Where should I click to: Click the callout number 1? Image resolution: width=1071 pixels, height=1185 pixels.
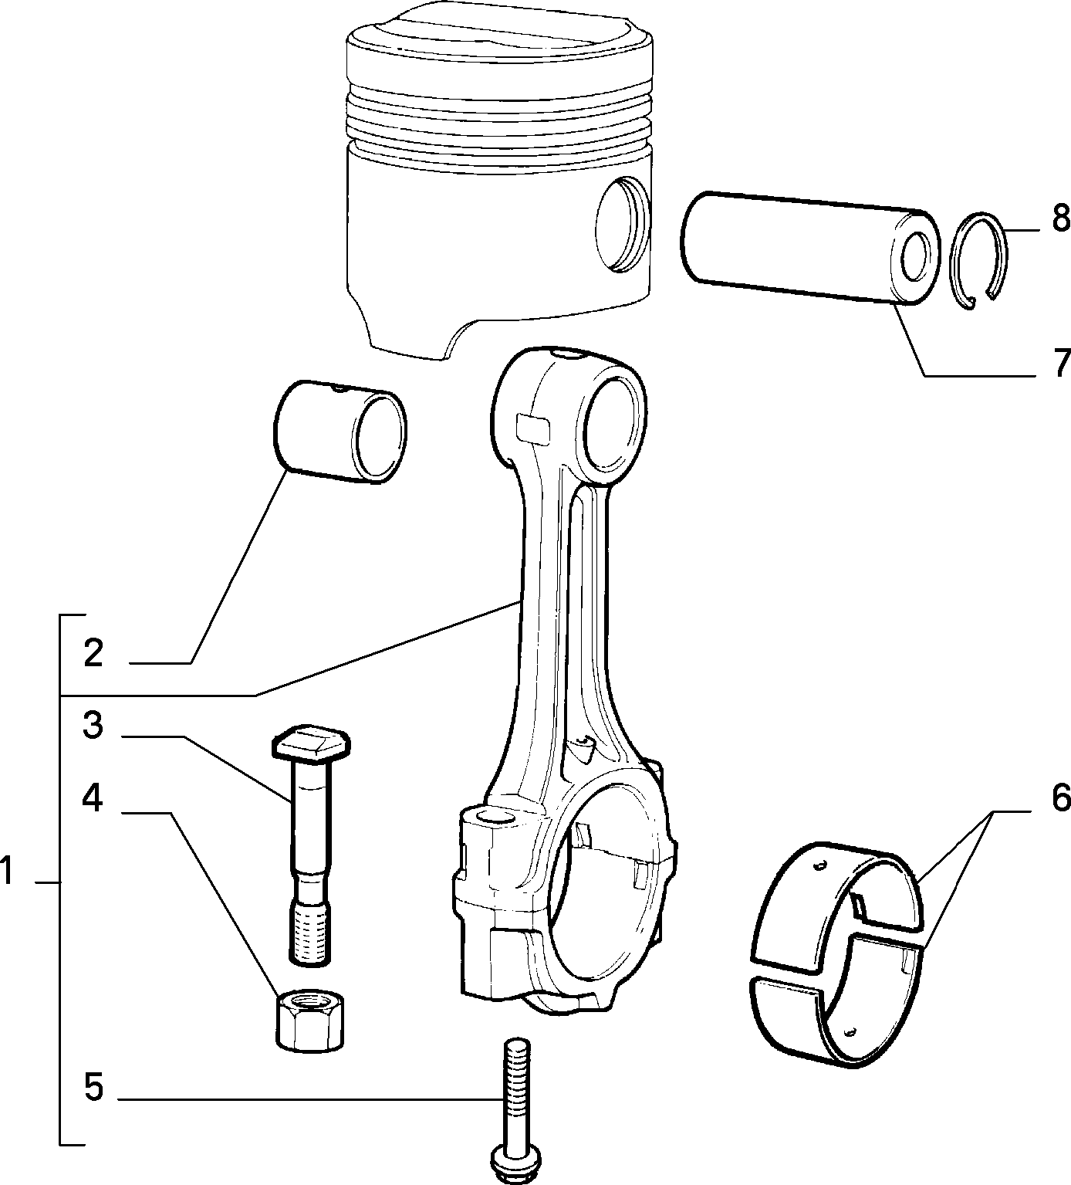click(7, 872)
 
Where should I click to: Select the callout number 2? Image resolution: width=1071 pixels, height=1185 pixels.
click(93, 653)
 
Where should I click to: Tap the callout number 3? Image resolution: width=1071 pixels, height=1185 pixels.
click(93, 726)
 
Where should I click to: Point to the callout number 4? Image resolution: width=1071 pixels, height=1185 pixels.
click(93, 798)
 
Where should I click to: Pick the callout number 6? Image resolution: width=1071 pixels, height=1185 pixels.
click(1060, 797)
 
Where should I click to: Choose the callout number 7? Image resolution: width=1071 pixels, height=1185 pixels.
click(1061, 362)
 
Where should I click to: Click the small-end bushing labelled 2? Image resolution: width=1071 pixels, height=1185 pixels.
click(340, 432)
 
